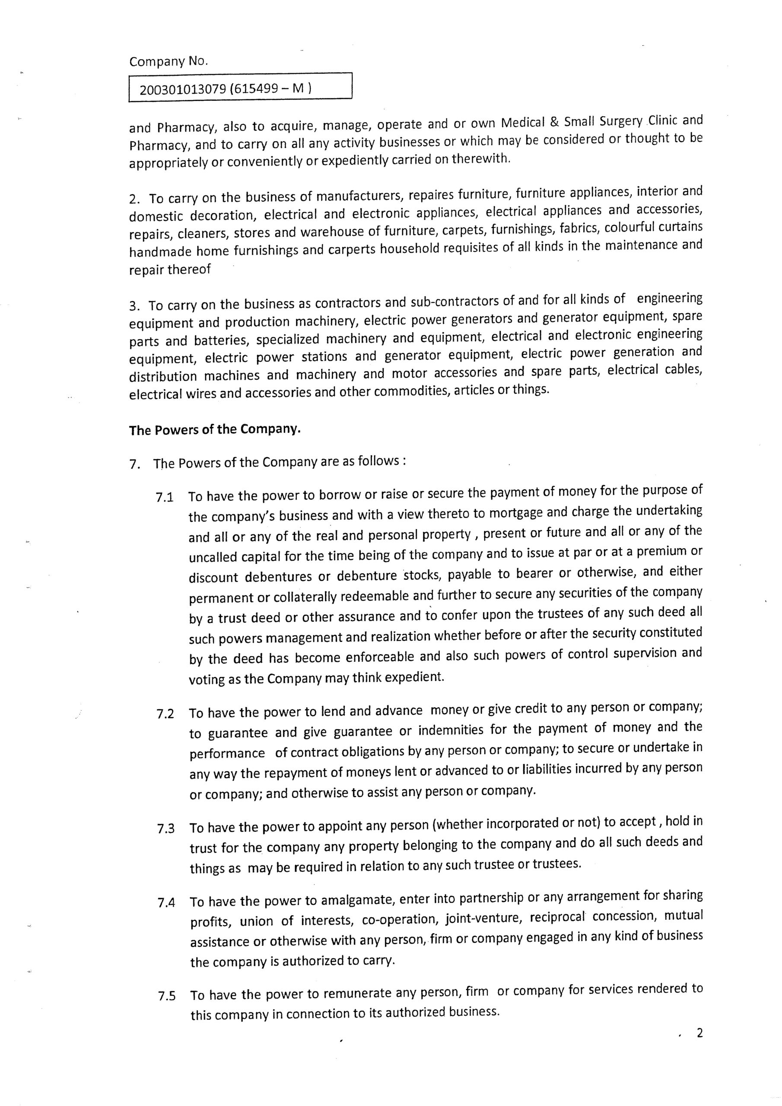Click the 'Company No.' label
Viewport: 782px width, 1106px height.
pos(168,62)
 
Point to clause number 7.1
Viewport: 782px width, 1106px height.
pos(165,498)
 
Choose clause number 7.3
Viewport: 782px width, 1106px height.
pos(166,829)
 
